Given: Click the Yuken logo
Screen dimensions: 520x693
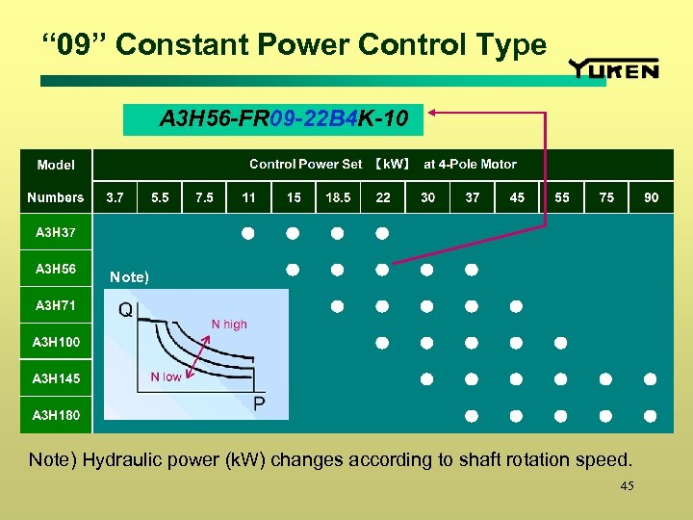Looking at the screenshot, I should [x=614, y=68].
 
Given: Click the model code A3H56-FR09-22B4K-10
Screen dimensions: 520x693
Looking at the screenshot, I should [x=285, y=119].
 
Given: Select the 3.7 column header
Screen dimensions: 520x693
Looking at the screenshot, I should [x=115, y=197].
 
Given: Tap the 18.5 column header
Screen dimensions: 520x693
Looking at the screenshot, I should [x=338, y=197].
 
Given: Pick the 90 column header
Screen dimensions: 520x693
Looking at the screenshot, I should [x=652, y=197].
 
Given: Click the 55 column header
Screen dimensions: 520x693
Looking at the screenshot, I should [x=562, y=197].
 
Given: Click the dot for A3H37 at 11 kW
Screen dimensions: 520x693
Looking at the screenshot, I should [x=247, y=233].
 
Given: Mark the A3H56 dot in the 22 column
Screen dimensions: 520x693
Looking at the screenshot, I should [x=382, y=270].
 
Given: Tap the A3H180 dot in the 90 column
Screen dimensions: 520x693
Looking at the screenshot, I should [x=651, y=416].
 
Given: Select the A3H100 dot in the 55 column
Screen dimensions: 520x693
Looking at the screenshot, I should [x=561, y=343].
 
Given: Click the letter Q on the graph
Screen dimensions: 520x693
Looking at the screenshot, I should [x=126, y=310].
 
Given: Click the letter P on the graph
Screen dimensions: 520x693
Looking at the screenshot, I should [x=259, y=403].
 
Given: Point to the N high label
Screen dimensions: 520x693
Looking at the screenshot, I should [x=229, y=325].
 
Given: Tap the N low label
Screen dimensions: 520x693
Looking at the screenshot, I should [x=166, y=377].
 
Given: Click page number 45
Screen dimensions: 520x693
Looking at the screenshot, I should [x=628, y=487].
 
